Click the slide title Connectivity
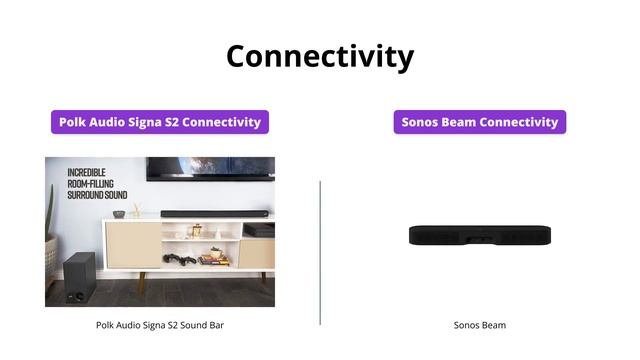pyautogui.click(x=320, y=56)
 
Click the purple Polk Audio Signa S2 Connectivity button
pyautogui.click(x=160, y=122)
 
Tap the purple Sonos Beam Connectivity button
pyautogui.click(x=480, y=122)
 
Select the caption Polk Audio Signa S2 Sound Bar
pyautogui.click(x=160, y=325)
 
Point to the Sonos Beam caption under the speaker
pyautogui.click(x=480, y=325)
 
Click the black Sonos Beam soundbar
pyautogui.click(x=480, y=236)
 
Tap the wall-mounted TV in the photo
pyautogui.click(x=210, y=168)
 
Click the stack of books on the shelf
pyautogui.click(x=213, y=259)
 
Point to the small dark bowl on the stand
pyautogui.click(x=119, y=214)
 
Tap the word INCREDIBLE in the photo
pyautogui.click(x=81, y=172)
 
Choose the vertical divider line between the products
pyautogui.click(x=320, y=252)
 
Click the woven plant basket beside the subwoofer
pyautogui.click(x=51, y=254)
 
